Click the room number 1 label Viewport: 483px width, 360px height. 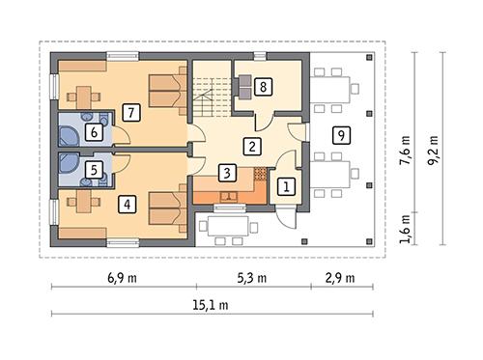[x=285, y=187]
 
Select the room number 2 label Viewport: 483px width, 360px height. [x=251, y=148]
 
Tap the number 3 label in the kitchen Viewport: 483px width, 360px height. [x=225, y=174]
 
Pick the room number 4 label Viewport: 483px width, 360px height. [x=128, y=204]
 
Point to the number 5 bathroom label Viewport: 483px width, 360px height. [x=94, y=171]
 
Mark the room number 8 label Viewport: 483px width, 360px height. [x=263, y=87]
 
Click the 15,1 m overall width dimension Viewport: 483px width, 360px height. [x=213, y=308]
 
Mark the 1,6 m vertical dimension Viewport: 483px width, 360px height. [x=405, y=228]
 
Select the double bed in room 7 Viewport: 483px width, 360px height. [x=168, y=95]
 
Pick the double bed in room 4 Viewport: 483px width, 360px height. [x=170, y=209]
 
